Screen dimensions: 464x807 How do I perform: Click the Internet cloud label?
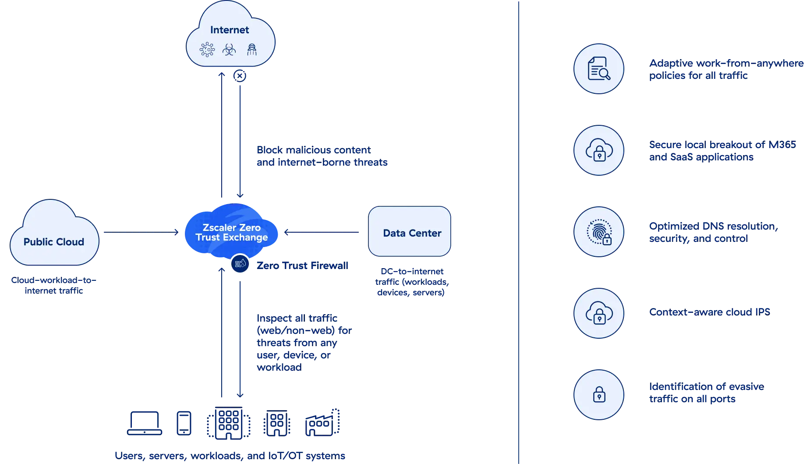[x=229, y=30]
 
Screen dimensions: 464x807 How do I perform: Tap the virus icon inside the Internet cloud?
[x=207, y=50]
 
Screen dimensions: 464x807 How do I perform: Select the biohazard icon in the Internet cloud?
[x=229, y=50]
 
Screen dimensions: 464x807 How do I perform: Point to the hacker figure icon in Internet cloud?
[x=251, y=50]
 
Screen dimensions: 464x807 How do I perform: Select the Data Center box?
[x=410, y=232]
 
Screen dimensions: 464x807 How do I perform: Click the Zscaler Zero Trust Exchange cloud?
[x=231, y=232]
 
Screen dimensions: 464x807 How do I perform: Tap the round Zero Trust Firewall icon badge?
[x=240, y=264]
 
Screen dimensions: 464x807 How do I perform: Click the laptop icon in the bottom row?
[x=145, y=423]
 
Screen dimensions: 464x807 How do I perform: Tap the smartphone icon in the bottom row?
[x=184, y=423]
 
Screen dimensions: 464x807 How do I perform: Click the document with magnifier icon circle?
[x=598, y=69]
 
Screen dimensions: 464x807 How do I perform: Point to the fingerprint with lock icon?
[x=598, y=232]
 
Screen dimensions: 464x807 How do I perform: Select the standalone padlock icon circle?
[x=598, y=394]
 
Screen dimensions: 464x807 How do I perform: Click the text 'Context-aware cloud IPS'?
[x=709, y=312]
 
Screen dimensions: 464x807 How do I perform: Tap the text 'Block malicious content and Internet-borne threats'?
[x=322, y=156]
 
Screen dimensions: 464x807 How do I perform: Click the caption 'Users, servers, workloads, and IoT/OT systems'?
[x=230, y=456]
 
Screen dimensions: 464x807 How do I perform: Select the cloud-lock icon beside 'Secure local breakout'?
[x=598, y=150]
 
